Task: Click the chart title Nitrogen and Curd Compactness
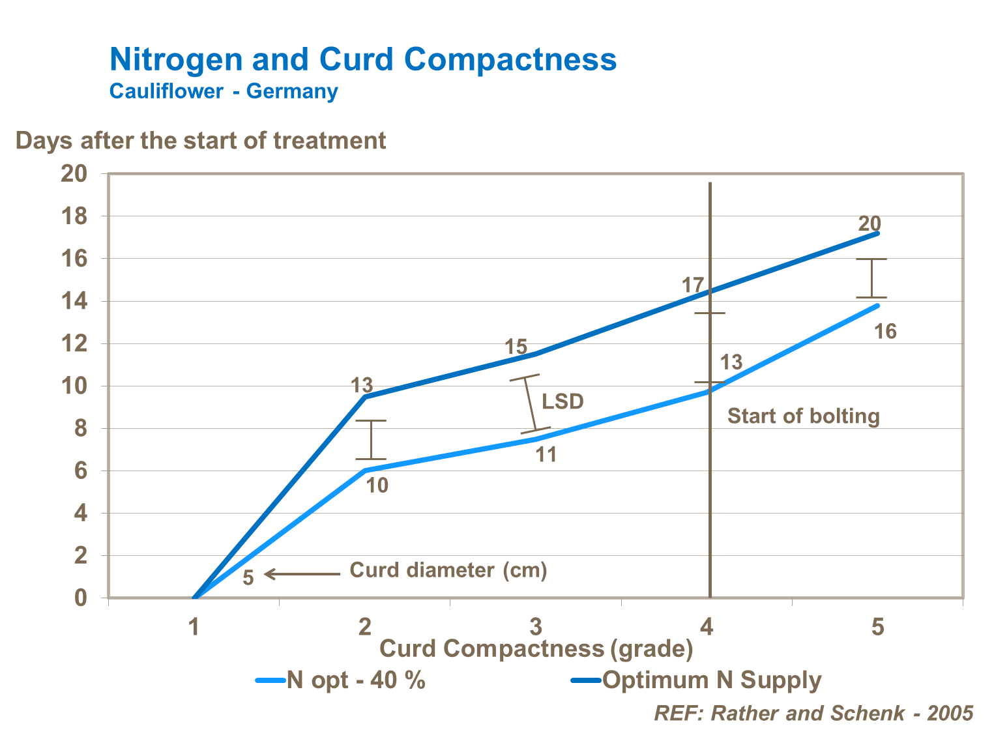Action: coord(362,59)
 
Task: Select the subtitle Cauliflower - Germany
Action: coord(224,91)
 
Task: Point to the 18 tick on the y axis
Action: coord(74,216)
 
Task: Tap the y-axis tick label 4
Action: coord(80,514)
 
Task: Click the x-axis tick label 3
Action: coord(536,627)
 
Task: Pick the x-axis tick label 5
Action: coord(878,627)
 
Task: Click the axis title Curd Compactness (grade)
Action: coord(536,648)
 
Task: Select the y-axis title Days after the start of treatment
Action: coord(201,141)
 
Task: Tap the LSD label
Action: coord(563,401)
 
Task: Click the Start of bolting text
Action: coord(803,416)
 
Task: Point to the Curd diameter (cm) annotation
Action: coord(448,571)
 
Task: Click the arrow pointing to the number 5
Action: coord(302,574)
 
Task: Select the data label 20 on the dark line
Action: coord(870,224)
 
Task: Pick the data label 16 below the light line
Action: coord(885,332)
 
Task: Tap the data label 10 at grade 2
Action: coord(377,485)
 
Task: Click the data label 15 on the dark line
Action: coord(516,347)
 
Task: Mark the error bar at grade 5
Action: coord(871,278)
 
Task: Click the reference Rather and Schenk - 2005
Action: coord(813,713)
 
